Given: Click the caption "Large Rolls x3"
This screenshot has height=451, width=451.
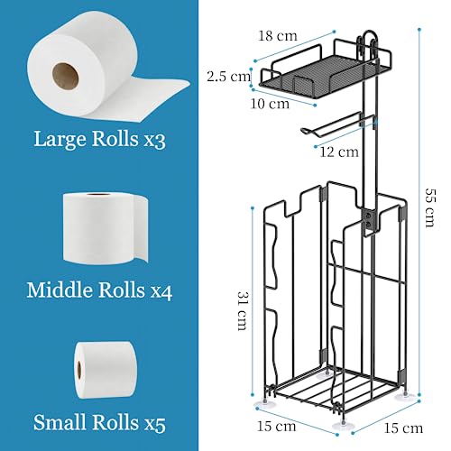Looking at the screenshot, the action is point(99,139).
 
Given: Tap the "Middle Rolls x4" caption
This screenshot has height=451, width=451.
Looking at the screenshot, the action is point(99,290).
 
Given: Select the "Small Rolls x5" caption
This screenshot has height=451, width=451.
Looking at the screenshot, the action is point(99,422).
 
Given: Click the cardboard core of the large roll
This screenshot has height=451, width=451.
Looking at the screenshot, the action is point(66,77).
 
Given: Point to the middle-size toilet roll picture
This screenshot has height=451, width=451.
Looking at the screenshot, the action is point(106,228).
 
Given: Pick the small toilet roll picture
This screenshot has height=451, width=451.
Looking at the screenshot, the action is point(105,370).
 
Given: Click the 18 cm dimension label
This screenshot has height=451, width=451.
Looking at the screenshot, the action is point(278,36).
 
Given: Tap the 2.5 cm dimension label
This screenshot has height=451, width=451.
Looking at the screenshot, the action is point(228,77).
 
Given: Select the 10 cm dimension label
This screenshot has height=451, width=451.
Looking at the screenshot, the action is point(270,104).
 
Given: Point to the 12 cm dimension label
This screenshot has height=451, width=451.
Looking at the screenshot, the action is point(339,152).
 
